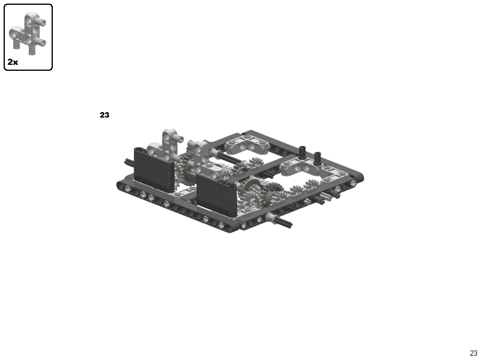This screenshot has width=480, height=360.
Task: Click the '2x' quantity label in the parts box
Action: click(x=13, y=62)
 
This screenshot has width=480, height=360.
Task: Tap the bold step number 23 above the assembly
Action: click(x=104, y=115)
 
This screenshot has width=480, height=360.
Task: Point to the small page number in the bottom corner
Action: click(x=473, y=353)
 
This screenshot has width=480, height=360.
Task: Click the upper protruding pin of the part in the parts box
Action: click(x=42, y=22)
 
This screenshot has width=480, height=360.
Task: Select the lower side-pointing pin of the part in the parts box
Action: click(x=41, y=41)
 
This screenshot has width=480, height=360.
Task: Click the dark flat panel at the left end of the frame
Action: click(x=154, y=170)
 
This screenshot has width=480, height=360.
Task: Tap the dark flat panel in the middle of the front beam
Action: click(x=217, y=194)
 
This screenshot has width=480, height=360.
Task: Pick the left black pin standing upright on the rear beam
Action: click(x=303, y=152)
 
